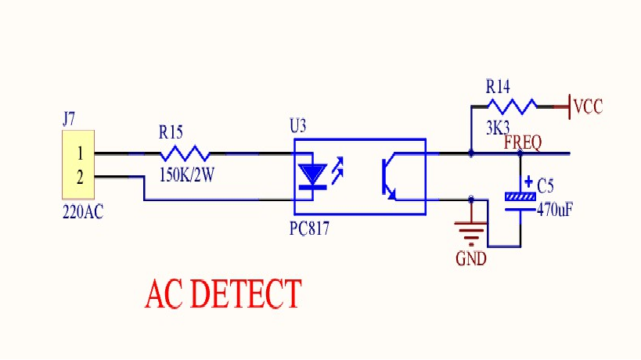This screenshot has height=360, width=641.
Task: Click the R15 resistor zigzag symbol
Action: pyautogui.click(x=185, y=153)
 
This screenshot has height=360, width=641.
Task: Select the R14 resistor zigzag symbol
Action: pyautogui.click(x=512, y=106)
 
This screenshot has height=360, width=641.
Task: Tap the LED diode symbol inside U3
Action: pyautogui.click(x=313, y=176)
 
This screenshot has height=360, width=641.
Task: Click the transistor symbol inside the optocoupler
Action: pyautogui.click(x=389, y=177)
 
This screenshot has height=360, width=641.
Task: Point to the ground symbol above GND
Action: pyautogui.click(x=471, y=234)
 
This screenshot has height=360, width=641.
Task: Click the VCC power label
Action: pyautogui.click(x=589, y=106)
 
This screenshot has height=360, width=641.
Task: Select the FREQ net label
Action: pyautogui.click(x=523, y=142)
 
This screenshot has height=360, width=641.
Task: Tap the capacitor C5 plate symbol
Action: pyautogui.click(x=520, y=203)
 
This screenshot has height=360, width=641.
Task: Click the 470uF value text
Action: pyautogui.click(x=555, y=210)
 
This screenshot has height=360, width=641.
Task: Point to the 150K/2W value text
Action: pyautogui.click(x=187, y=175)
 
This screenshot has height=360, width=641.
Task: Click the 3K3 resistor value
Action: pyautogui.click(x=498, y=128)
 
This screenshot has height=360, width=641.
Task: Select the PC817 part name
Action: pyautogui.click(x=309, y=229)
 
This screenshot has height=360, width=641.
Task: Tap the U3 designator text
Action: pyautogui.click(x=297, y=126)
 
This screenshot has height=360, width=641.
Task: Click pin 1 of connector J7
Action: pyautogui.click(x=80, y=153)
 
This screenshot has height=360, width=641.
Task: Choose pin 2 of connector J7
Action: pyautogui.click(x=80, y=178)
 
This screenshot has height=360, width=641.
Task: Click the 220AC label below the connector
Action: pyautogui.click(x=83, y=212)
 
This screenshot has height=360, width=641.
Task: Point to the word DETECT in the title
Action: pyautogui.click(x=246, y=293)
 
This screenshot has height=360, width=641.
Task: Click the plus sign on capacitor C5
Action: pyautogui.click(x=528, y=181)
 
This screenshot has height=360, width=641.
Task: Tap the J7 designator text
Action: pyautogui.click(x=69, y=119)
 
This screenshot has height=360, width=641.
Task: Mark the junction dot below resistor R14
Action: pyautogui.click(x=471, y=153)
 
